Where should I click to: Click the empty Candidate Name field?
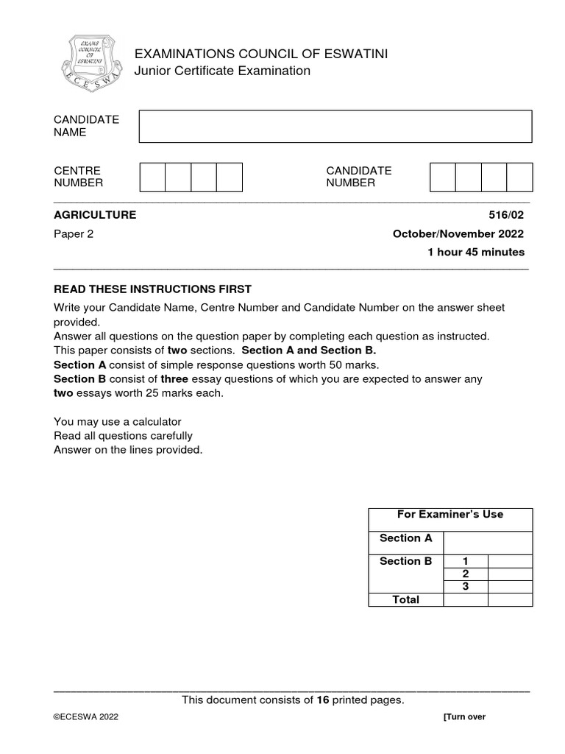point(335,126)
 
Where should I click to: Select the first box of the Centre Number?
point(152,177)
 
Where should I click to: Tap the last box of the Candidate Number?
point(519,177)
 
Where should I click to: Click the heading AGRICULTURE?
point(95,215)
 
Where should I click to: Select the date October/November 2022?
point(458,234)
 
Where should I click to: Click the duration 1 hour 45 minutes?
point(476,252)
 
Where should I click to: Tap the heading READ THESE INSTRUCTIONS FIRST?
point(152,289)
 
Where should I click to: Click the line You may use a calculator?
point(117,422)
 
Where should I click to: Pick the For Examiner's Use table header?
point(450,515)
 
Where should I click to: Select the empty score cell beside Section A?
point(488,543)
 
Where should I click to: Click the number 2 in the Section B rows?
point(465,574)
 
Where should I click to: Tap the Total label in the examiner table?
point(405,599)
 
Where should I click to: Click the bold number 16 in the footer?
point(322,700)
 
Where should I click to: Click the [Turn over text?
point(464,717)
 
